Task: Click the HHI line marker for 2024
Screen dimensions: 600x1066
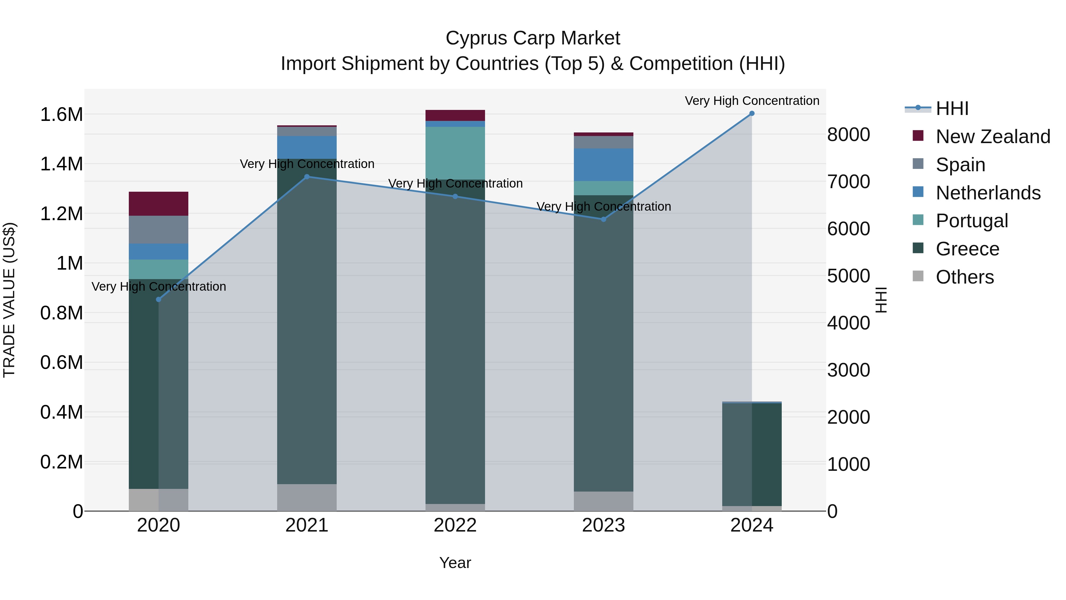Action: pos(752,113)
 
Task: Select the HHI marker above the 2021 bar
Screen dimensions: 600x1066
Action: pos(307,177)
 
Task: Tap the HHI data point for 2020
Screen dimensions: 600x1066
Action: pos(158,299)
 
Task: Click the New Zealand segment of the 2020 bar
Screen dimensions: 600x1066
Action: pos(158,204)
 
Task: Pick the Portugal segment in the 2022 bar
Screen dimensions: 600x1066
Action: pos(455,153)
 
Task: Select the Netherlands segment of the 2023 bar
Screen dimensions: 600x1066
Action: pos(603,165)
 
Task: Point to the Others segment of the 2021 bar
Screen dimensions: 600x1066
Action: pos(307,497)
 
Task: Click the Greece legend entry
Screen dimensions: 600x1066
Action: pos(967,249)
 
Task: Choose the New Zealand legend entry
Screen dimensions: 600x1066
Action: pos(992,137)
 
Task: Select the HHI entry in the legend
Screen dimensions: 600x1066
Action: pos(952,108)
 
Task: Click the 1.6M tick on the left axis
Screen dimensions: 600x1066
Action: pos(61,115)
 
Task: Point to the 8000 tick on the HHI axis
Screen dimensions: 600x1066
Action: pos(848,135)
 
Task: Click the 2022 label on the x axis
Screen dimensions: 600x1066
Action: pos(455,525)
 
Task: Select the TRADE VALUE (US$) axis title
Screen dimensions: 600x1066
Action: pos(9,300)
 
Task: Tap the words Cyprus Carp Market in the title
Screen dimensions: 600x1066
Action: pos(533,38)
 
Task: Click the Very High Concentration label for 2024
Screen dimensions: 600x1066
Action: pos(752,101)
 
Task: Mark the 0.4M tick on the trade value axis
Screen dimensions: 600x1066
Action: pos(61,412)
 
